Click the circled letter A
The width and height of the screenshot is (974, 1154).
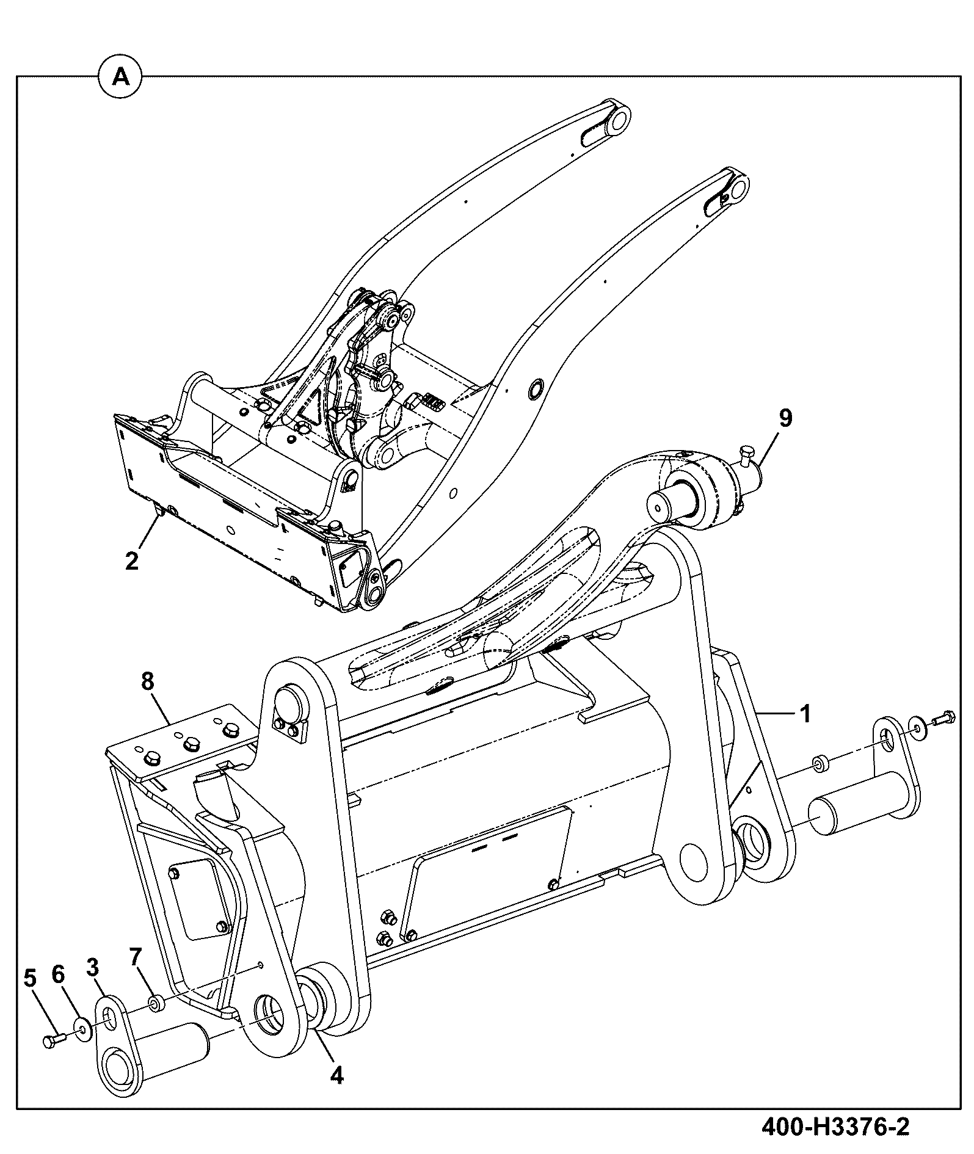point(121,77)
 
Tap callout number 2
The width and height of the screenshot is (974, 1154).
point(132,560)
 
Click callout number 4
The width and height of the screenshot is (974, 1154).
point(336,1075)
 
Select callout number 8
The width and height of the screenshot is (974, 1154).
point(148,681)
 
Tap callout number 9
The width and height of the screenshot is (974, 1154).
point(785,418)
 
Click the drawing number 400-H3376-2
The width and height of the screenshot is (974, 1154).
point(835,1127)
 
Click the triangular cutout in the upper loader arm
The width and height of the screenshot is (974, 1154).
point(311,407)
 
